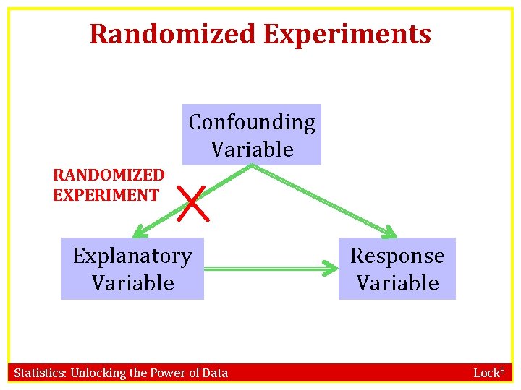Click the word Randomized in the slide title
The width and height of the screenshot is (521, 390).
173,34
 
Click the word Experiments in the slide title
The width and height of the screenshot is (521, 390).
347,34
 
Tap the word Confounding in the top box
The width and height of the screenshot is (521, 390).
252,123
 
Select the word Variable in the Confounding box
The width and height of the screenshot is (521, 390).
252,149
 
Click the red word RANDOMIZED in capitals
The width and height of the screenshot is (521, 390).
109,175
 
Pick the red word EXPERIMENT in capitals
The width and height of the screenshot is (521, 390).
106,194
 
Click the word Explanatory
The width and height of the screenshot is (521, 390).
132,256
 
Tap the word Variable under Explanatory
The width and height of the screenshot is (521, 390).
132,282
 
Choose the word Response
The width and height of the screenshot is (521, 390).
397,256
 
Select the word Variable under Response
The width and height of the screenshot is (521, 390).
397,282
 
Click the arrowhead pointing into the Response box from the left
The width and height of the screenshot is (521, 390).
332,269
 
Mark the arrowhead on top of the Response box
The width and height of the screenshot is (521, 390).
389,233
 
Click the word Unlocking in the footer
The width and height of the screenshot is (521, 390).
97,373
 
